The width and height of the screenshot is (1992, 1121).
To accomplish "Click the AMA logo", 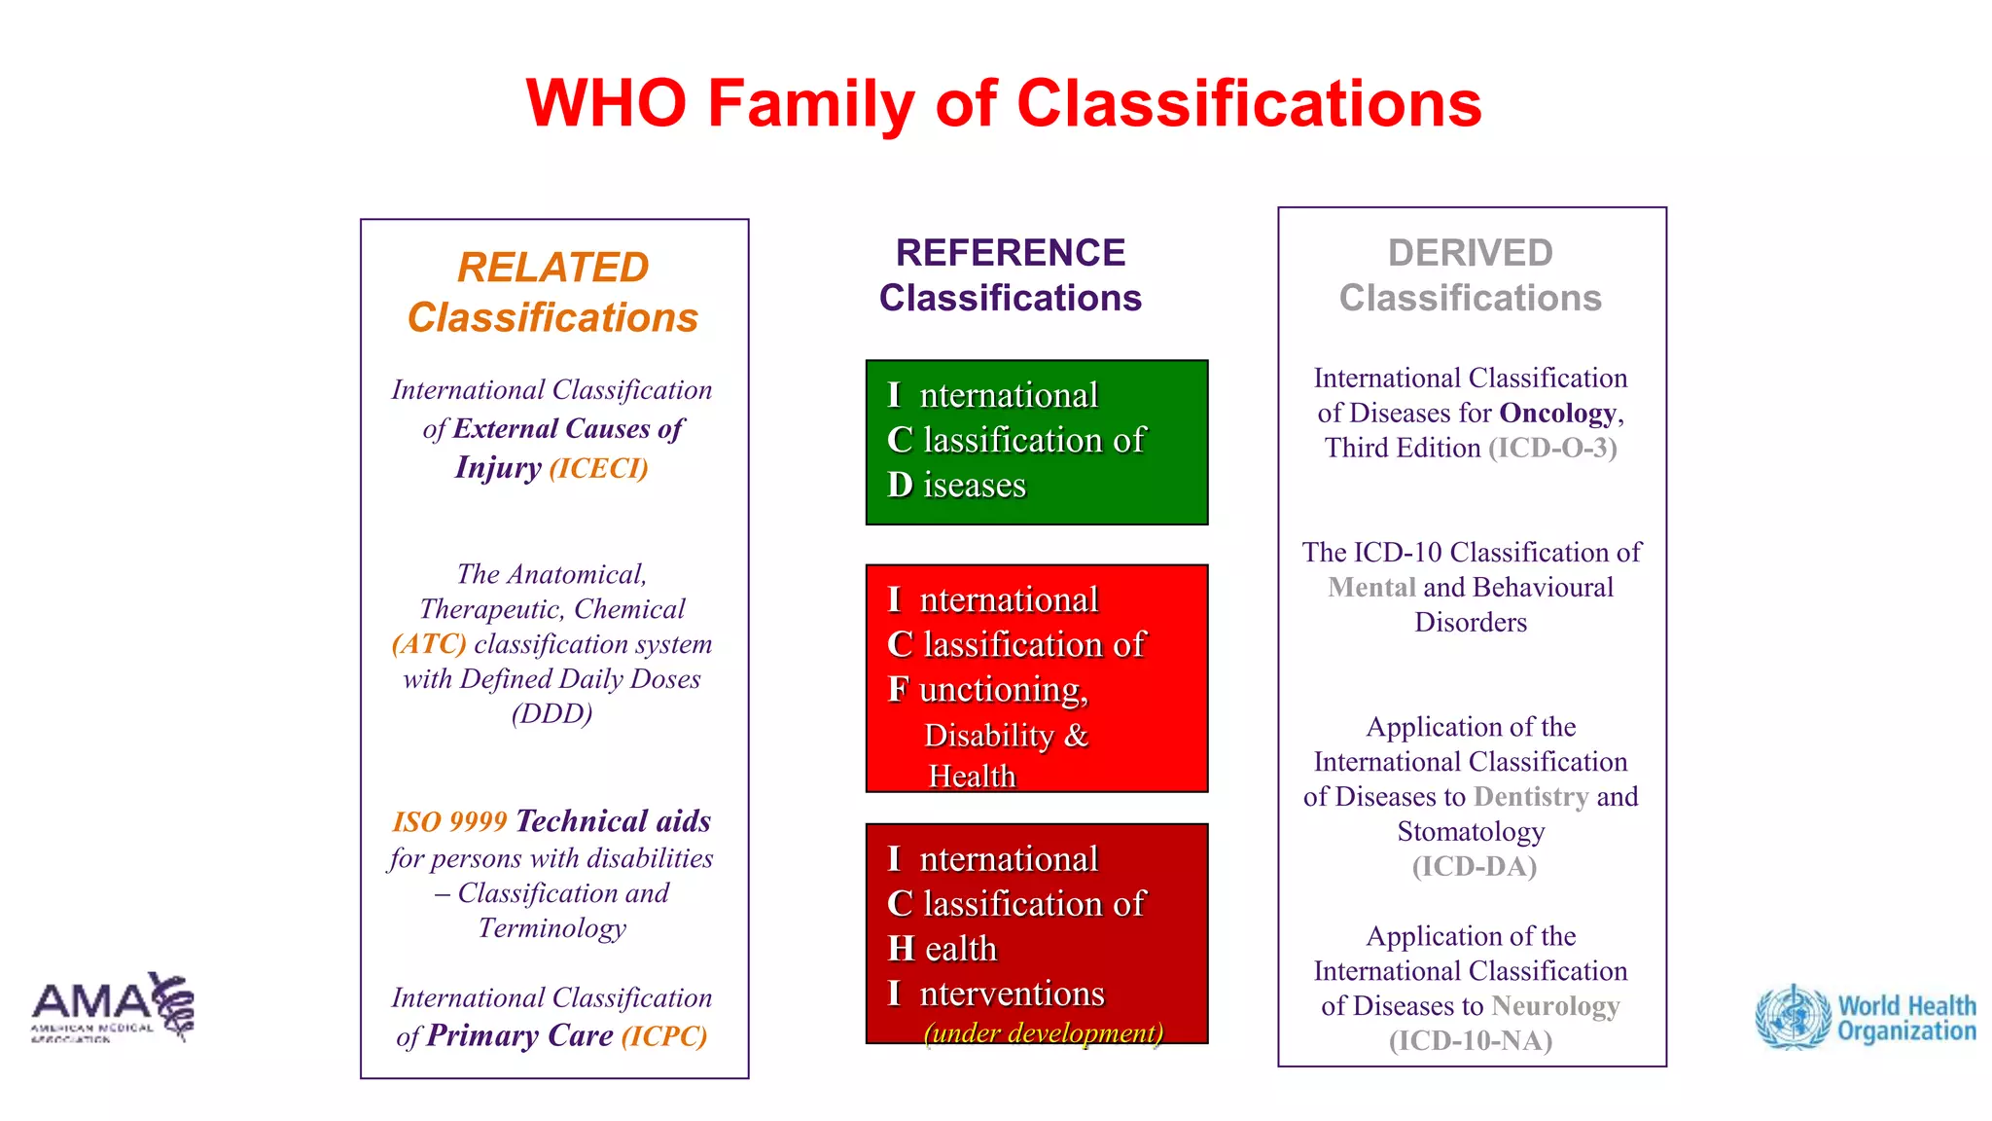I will point(112,1006).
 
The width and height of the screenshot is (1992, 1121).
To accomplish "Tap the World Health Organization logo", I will point(1866,1018).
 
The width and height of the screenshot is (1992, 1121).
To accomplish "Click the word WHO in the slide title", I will point(606,103).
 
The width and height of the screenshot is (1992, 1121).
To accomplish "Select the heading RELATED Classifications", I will point(552,292).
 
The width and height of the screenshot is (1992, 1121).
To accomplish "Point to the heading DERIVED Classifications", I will point(1470,275).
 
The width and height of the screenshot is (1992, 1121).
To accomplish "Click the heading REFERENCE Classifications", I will point(1011,275).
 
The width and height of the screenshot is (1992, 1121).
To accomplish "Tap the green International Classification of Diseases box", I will point(1037,442).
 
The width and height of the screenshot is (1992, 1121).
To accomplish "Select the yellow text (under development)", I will point(1043,1032).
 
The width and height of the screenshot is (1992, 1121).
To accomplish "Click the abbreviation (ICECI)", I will point(598,468).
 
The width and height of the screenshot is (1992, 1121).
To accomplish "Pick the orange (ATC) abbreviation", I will point(429,644).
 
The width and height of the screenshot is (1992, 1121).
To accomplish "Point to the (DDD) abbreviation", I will point(551,713).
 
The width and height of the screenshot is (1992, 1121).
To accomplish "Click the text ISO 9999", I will point(449,822).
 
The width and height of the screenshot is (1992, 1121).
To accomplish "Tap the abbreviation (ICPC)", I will point(664,1036).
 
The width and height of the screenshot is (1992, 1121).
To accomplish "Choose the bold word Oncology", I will point(1557,413).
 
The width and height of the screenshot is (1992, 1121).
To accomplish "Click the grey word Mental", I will point(1371,588).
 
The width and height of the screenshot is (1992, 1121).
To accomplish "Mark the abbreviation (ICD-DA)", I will point(1474,867).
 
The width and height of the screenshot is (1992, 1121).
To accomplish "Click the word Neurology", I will point(1555,1006).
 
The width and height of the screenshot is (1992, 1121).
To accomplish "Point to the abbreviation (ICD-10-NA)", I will point(1470,1041).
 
